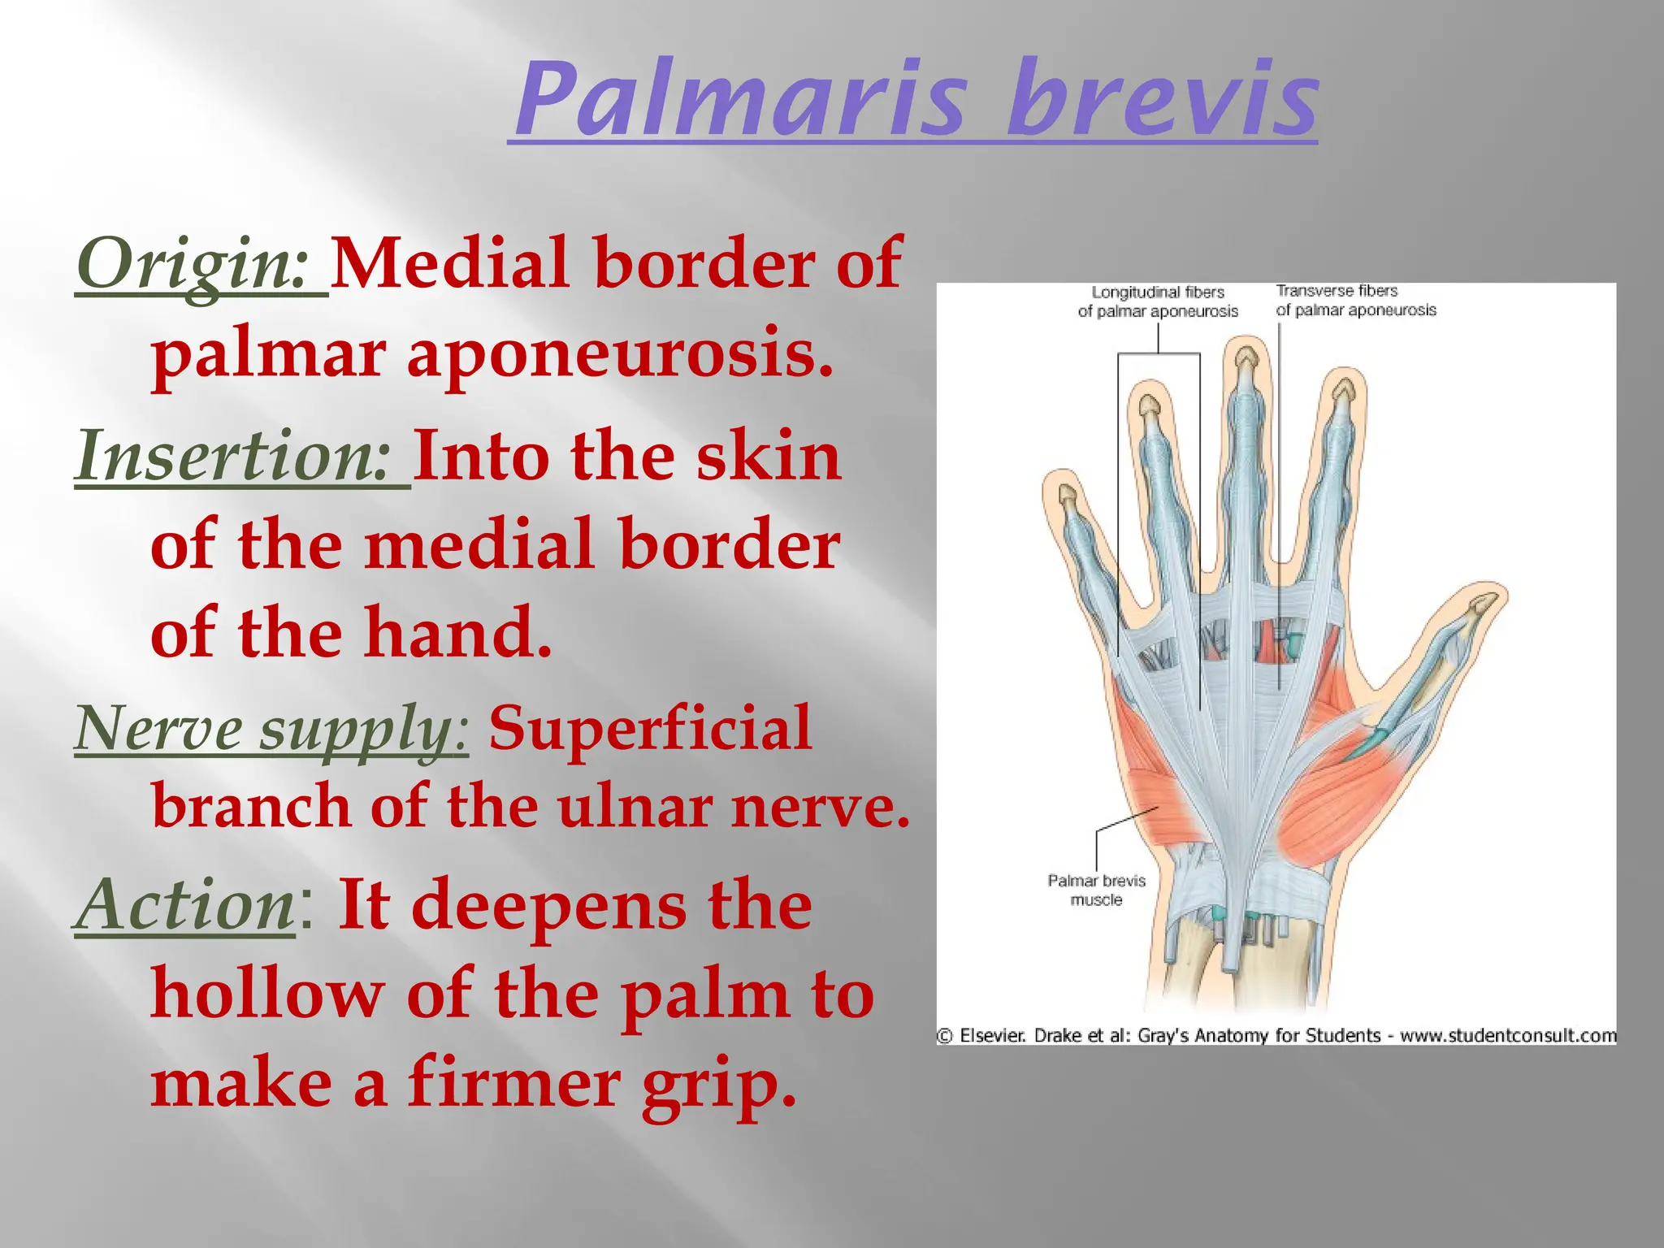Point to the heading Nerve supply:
coord(271,729)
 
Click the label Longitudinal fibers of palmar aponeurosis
coord(1158,301)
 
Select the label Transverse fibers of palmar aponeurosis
coord(1355,301)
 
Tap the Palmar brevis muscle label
coord(1096,890)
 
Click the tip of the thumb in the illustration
coord(1486,602)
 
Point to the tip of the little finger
coord(1066,494)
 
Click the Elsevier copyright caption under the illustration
coord(1276,1036)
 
